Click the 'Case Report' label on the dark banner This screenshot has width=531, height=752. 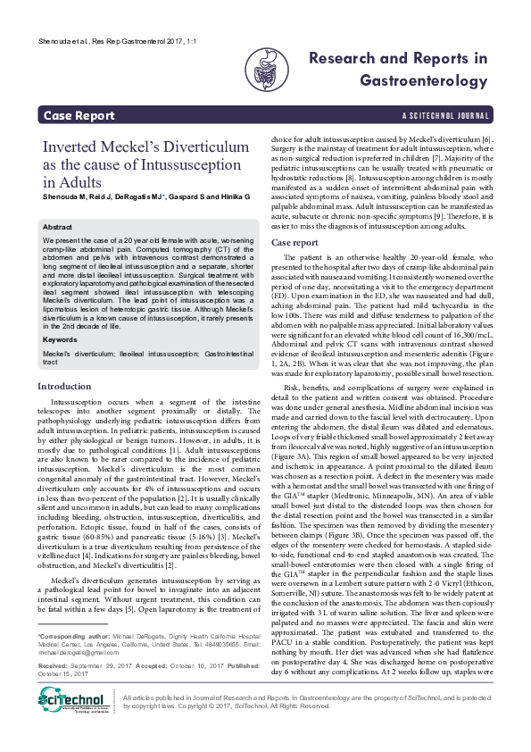79,115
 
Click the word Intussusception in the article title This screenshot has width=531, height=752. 195,165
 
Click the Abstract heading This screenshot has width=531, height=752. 58,228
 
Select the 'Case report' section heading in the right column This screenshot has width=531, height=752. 294,242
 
